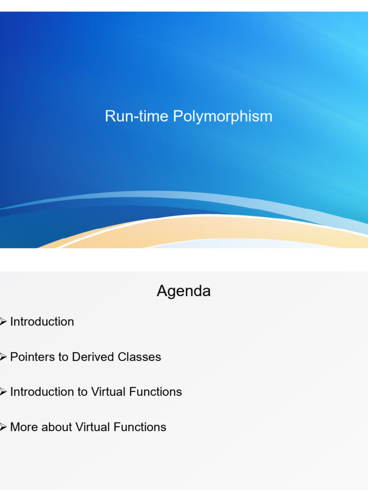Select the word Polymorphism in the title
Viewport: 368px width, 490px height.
(x=223, y=117)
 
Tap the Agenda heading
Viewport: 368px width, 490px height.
(x=184, y=291)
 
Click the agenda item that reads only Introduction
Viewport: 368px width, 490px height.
(x=42, y=322)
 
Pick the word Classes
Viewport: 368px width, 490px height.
(x=142, y=357)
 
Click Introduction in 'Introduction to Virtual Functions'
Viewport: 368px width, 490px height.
(x=42, y=392)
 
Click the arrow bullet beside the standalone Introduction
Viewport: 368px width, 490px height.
(x=3, y=322)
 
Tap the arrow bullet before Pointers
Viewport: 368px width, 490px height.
(x=3, y=357)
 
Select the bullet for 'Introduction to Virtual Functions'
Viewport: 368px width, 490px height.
(x=3, y=392)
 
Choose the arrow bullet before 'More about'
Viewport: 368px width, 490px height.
(x=3, y=427)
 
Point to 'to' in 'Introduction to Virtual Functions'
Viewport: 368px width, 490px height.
(x=83, y=392)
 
